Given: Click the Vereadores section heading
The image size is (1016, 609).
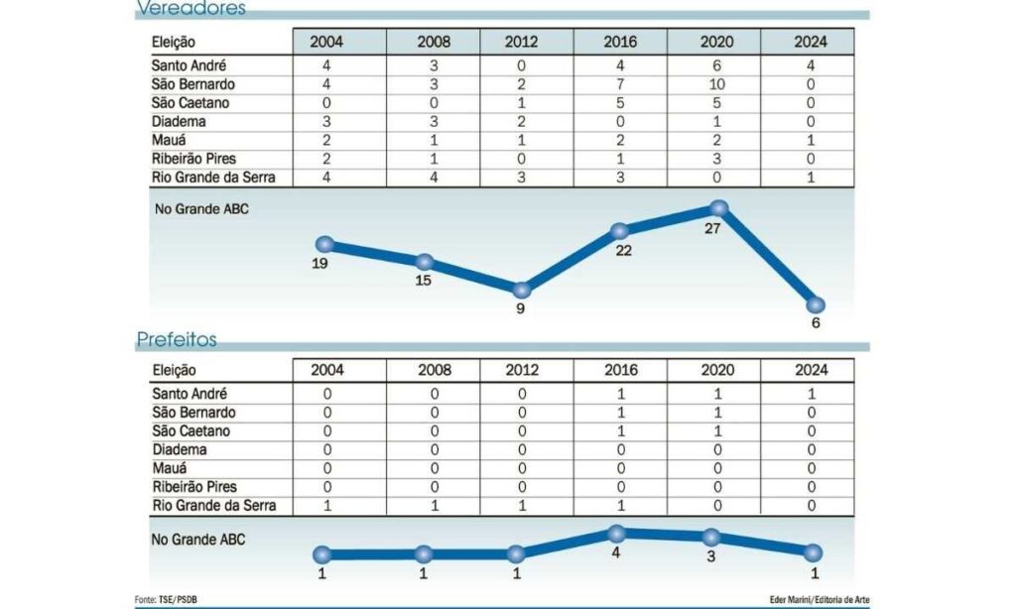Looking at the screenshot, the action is tap(191, 8).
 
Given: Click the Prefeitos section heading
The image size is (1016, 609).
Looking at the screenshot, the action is tap(177, 339).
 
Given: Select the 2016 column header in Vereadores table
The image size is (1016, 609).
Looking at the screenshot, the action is tap(620, 42).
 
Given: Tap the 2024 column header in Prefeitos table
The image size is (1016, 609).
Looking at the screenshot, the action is tap(812, 370).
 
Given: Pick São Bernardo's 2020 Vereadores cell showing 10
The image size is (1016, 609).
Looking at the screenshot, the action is tap(716, 84).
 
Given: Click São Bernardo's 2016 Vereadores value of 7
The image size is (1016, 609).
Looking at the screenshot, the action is tap(620, 84).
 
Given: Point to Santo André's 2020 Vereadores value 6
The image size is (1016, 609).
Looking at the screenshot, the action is tap(716, 65).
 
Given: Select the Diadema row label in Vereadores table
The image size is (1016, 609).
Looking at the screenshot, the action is tap(179, 122).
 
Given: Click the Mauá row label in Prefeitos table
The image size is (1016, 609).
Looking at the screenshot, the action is tap(170, 468).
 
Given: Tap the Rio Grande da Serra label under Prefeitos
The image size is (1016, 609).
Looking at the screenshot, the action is tap(214, 505).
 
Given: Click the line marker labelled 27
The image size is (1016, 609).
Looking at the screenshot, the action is tap(718, 208).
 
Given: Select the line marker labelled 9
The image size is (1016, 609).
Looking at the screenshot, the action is tap(522, 290).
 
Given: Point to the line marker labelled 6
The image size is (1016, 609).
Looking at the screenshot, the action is tap(816, 304).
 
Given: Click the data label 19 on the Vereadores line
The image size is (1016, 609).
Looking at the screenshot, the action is tap(320, 264).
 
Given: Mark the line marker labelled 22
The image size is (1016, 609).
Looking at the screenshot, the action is tap(619, 231).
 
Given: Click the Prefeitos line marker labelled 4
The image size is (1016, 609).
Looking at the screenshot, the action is tap(616, 534).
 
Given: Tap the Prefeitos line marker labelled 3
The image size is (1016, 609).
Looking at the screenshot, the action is tap(711, 537).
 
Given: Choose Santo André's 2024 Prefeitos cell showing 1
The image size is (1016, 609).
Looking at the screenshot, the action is tap(812, 394).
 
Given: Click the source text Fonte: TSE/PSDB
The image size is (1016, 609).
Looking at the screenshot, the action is tap(166, 600).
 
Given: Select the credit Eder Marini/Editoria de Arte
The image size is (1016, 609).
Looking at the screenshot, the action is tap(820, 600).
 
